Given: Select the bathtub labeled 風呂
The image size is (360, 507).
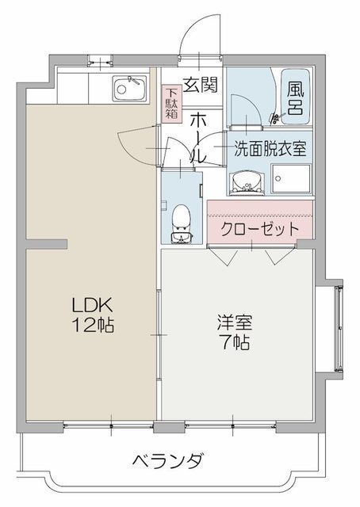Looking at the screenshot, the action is (296, 97).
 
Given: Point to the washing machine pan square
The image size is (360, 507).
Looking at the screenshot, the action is (291, 178).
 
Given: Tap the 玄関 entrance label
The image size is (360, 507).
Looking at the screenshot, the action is (201, 86).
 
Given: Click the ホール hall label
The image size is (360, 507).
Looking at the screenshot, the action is (197, 139).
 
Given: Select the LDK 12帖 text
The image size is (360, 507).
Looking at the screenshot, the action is (93, 315).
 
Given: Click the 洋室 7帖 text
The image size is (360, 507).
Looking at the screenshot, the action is (235, 332).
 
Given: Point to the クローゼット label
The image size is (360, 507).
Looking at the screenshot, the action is (259, 229).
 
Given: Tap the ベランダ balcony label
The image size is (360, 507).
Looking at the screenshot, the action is (168, 459).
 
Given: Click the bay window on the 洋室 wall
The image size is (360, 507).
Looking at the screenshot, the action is (339, 328).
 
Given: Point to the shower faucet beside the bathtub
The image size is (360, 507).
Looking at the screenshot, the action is (275, 118).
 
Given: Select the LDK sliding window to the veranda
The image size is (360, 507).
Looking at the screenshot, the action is (109, 425).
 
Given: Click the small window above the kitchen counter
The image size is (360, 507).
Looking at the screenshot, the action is (100, 61).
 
